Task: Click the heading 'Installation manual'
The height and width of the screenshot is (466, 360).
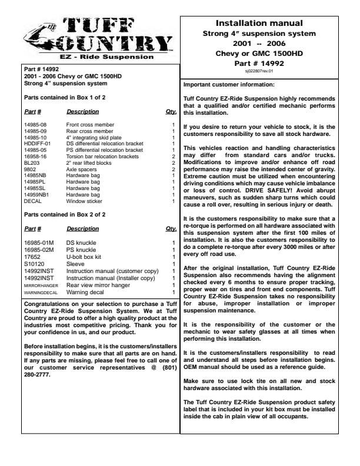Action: point(268,24)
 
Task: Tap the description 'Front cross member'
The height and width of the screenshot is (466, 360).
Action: point(89,125)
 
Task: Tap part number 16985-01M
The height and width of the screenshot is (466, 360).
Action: point(38,242)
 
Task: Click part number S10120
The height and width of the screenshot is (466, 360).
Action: point(34,264)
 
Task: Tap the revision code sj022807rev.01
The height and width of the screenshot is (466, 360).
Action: point(268,70)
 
